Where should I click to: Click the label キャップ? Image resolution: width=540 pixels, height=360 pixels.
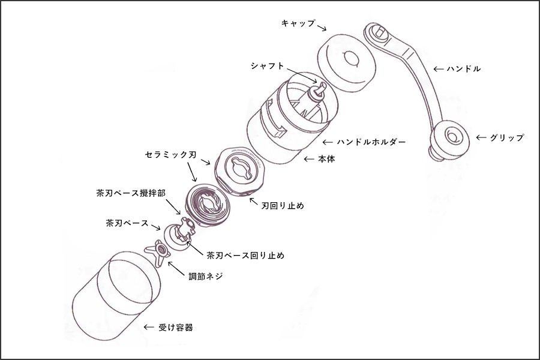click(x=298, y=23)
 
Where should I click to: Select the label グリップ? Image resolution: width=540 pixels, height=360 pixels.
click(x=507, y=137)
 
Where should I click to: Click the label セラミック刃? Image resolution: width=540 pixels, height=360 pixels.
click(x=170, y=154)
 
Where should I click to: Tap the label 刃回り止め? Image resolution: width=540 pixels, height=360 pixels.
click(x=283, y=206)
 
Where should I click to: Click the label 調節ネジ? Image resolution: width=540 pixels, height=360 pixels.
click(x=206, y=278)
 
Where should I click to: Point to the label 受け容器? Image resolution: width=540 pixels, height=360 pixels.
click(x=176, y=328)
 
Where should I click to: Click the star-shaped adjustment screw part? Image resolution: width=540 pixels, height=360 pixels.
click(x=157, y=252)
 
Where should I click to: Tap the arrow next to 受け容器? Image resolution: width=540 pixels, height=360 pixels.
click(x=149, y=328)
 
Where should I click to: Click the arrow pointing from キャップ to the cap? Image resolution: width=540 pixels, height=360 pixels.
click(x=322, y=28)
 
